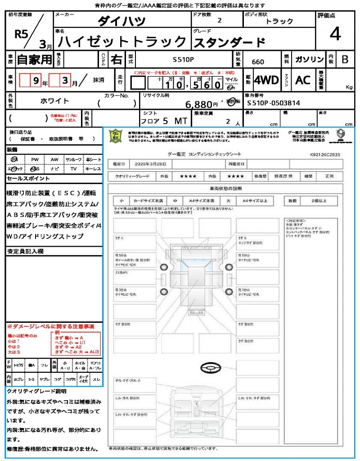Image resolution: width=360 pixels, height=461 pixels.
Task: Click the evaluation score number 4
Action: (334, 35)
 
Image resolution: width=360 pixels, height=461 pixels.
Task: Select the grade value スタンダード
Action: (229, 43)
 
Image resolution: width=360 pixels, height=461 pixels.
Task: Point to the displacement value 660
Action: (258, 62)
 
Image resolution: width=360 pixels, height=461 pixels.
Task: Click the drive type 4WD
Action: (266, 80)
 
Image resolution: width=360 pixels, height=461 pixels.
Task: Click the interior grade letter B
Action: (344, 59)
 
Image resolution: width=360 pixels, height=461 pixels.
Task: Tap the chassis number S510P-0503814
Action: (274, 103)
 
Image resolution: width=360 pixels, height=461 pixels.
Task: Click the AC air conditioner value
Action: (303, 80)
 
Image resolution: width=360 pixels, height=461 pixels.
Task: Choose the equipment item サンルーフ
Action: (73, 159)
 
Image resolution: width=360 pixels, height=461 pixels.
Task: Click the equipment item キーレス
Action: (93, 169)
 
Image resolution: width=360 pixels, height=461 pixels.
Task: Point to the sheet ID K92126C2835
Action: (325, 154)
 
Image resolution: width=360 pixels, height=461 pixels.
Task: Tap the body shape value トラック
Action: (279, 21)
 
